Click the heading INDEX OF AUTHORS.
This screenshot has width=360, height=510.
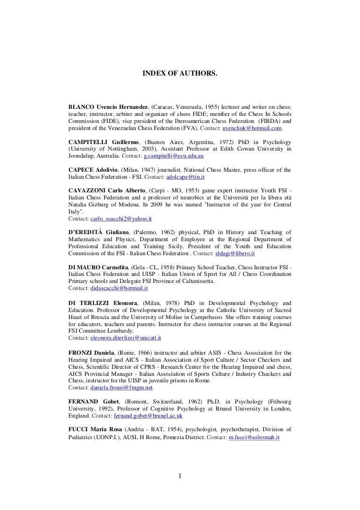180,74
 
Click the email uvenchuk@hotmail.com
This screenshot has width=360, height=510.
252,128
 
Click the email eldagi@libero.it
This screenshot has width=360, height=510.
234,253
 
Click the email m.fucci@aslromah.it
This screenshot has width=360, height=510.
251,437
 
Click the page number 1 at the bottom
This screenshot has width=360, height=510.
180,477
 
